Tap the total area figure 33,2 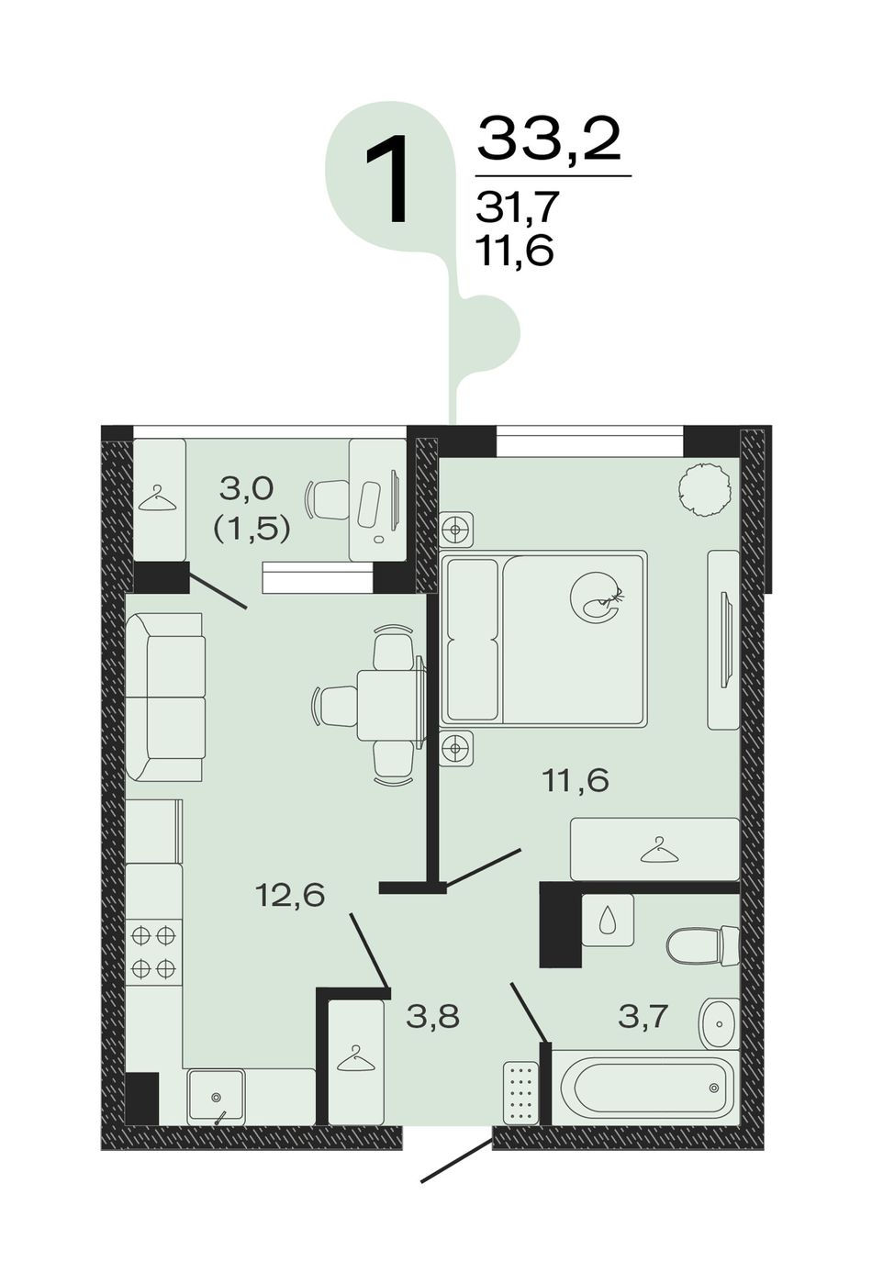click(x=549, y=140)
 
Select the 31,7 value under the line click(x=517, y=207)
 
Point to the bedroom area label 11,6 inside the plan click(x=575, y=781)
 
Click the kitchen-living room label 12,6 click(x=291, y=894)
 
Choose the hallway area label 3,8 click(x=433, y=1018)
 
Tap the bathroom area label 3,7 click(x=643, y=1017)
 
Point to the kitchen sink click(x=216, y=1097)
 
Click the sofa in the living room click(x=165, y=697)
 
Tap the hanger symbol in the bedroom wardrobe click(x=659, y=850)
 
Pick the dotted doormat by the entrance click(x=521, y=1092)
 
